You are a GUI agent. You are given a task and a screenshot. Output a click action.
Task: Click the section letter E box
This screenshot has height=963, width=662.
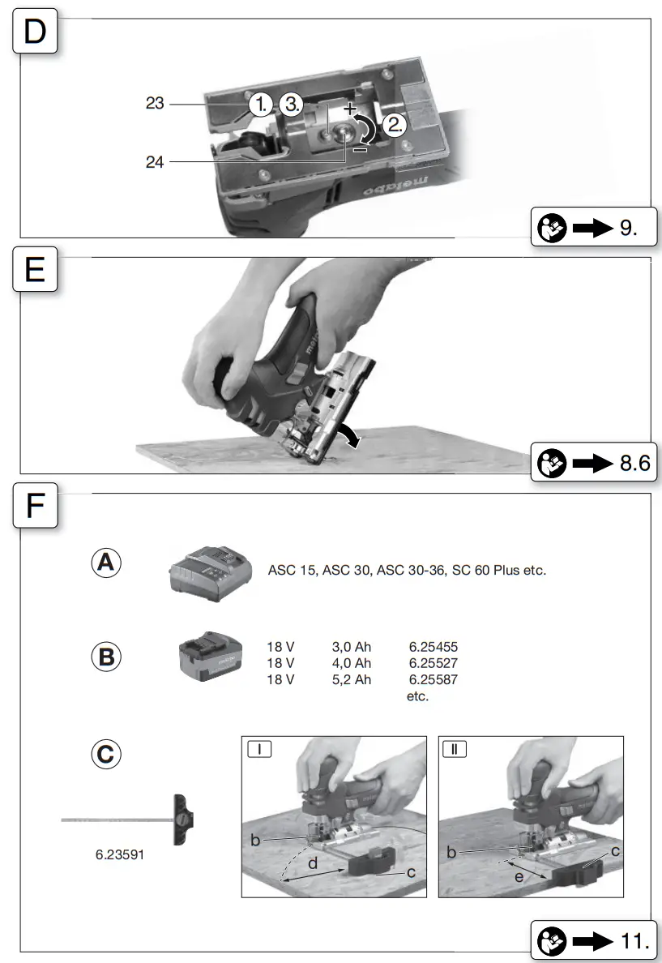35,269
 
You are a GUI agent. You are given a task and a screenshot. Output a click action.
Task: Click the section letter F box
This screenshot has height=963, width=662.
35,507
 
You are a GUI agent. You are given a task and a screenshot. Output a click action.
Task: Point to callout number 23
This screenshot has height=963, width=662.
156,104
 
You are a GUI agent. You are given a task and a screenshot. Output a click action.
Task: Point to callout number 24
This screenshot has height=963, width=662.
156,162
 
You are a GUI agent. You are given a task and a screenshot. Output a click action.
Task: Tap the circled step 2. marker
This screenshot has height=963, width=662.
395,125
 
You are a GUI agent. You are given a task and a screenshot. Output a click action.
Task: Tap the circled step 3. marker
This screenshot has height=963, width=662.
292,105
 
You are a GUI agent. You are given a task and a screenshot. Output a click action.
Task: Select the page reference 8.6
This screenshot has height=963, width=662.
633,464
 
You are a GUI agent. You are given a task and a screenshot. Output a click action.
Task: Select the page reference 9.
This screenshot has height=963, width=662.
628,228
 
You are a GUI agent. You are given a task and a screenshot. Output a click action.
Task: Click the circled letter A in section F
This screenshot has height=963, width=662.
106,562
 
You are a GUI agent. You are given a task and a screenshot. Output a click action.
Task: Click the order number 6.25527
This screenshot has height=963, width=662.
434,663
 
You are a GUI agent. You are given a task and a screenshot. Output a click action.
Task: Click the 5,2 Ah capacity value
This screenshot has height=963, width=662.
352,679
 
